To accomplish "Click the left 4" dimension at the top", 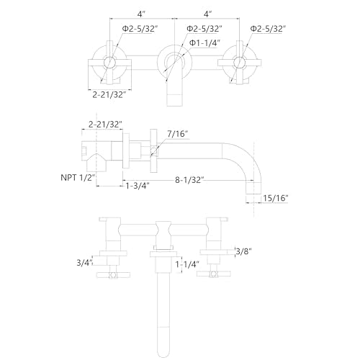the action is coord(141,14).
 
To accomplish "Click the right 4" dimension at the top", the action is coord(207,14).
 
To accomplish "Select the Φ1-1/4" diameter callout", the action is coord(204,43).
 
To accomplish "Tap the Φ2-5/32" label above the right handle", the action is coord(268,29).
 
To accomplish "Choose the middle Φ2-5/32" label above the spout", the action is coord(204,29).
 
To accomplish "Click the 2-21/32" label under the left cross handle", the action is coord(109,95).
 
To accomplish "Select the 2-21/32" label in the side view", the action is coord(105,125).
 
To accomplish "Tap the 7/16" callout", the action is coord(178,134).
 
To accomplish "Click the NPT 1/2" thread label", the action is coord(78,178).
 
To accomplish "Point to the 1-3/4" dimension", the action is coord(138,185).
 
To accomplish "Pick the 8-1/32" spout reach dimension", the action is coord(189,180).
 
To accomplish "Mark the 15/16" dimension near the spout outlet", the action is coord(276,198).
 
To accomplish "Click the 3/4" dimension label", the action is coord(85,263).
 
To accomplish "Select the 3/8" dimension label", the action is coord(244,251).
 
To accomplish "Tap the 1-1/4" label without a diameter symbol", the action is coord(187,264).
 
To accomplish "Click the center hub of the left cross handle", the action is coord(109,63).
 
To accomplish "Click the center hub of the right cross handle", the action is coord(239,63).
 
